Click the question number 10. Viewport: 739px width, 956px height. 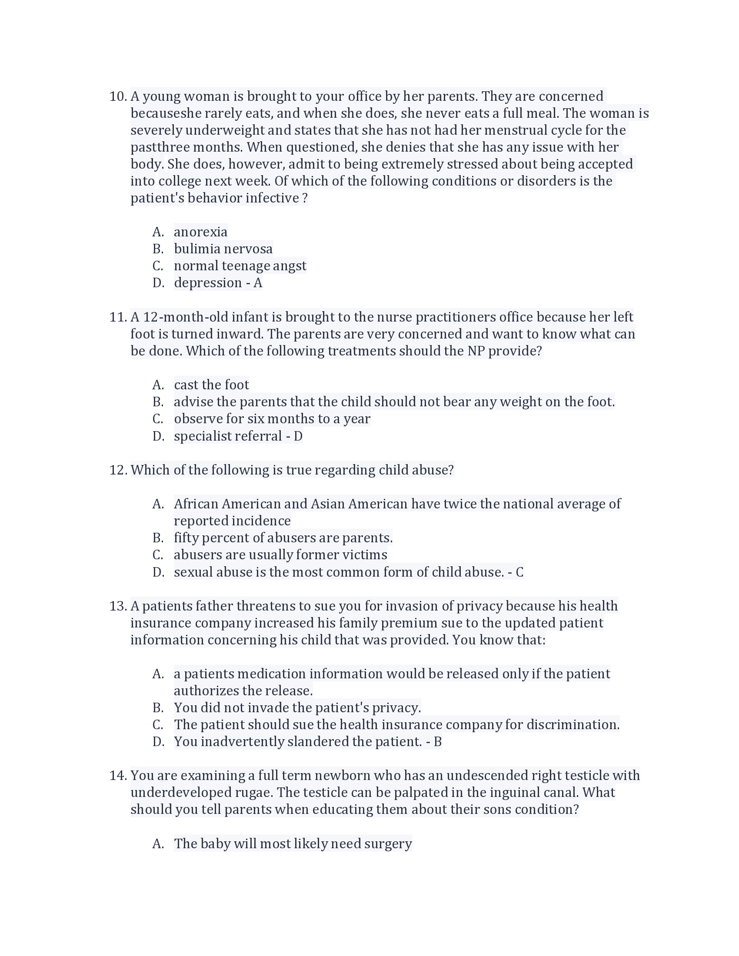117,96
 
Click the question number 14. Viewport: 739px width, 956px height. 117,776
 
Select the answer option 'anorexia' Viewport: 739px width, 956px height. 200,232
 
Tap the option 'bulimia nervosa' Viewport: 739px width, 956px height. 223,249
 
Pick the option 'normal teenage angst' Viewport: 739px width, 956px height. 240,266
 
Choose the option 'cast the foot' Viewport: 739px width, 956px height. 211,385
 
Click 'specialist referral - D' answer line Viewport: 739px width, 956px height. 238,436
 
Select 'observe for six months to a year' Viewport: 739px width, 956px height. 272,419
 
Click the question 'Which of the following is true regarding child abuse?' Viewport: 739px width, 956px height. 292,470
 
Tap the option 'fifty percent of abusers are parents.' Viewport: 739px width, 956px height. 283,538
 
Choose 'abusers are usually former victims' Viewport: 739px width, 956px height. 280,555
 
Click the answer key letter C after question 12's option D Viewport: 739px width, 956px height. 519,573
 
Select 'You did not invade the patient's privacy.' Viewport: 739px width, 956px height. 297,708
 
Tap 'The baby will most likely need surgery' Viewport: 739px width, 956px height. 293,844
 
